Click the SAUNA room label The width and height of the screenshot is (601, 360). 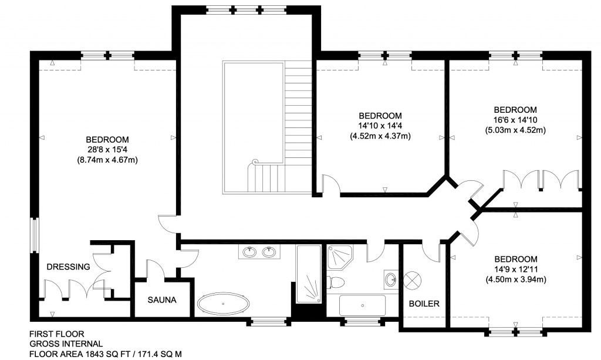(162, 300)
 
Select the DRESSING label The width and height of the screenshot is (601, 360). (69, 267)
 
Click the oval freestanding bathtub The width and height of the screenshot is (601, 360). (223, 304)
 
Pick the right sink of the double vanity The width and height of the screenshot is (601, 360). (269, 253)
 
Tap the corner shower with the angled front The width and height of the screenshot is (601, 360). (340, 256)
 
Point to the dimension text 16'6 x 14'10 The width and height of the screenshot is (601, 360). (515, 120)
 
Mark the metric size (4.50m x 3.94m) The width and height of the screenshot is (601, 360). (515, 280)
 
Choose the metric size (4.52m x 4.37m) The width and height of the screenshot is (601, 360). (380, 136)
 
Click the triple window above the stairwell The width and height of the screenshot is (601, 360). (247, 10)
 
